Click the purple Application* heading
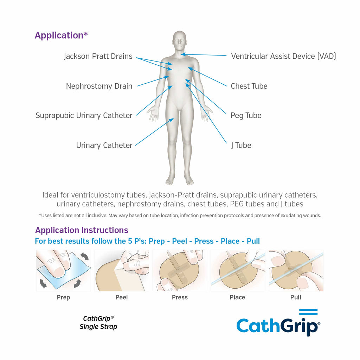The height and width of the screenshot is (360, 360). (61, 36)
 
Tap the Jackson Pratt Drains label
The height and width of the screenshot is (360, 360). (98, 56)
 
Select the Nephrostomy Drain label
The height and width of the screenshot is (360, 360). (99, 86)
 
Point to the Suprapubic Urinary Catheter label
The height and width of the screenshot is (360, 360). (84, 115)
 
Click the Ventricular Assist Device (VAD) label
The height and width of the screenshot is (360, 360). (284, 56)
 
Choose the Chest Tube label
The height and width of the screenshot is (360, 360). (249, 86)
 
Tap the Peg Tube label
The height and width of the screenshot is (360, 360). (246, 115)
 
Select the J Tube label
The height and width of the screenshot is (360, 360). (241, 145)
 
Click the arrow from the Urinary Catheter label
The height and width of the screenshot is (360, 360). (154, 132)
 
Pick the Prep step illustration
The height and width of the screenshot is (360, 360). (64, 270)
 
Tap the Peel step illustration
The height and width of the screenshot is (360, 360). (122, 270)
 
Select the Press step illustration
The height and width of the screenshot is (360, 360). (180, 270)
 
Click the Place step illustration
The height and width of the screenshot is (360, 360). (238, 270)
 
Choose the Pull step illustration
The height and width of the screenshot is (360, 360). (296, 270)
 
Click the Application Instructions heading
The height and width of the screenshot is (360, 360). (82, 230)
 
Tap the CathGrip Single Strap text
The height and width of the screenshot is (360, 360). (98, 323)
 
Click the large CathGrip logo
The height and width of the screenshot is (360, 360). (278, 323)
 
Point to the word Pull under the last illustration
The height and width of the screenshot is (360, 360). (296, 297)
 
